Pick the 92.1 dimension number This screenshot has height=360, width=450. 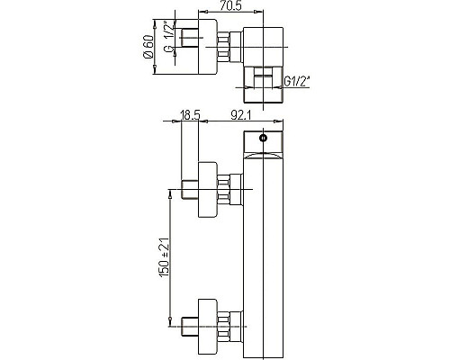tap(239, 115)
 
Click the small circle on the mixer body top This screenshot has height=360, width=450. tap(262, 139)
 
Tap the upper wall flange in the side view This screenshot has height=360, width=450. tap(206, 189)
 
